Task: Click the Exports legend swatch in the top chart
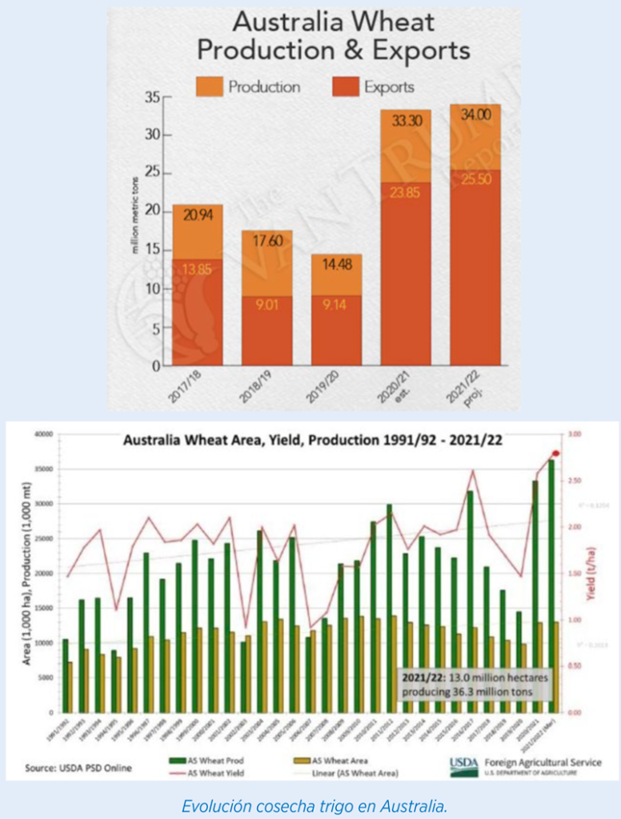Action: [345, 86]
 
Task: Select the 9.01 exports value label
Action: [266, 303]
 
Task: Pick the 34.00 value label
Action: [475, 114]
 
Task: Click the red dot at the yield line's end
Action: [555, 453]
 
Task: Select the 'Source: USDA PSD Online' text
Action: [78, 768]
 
